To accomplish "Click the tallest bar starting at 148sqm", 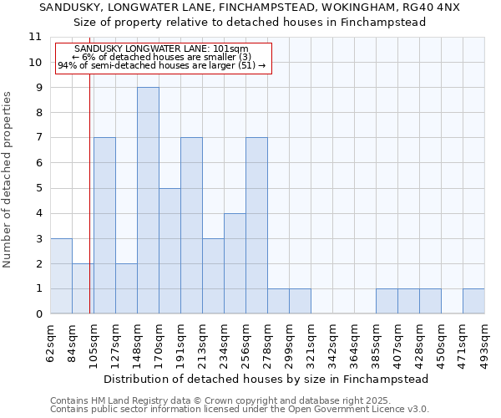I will click(x=148, y=201).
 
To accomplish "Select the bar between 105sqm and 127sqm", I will click(x=104, y=226).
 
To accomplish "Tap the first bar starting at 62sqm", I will click(x=61, y=276).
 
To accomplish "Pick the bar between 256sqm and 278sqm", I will click(x=256, y=226).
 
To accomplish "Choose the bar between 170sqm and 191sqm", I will click(x=170, y=251).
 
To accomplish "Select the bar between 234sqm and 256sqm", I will click(x=235, y=263).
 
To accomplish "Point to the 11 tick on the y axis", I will click(x=35, y=37).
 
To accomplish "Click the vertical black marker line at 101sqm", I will click(x=89, y=209).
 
